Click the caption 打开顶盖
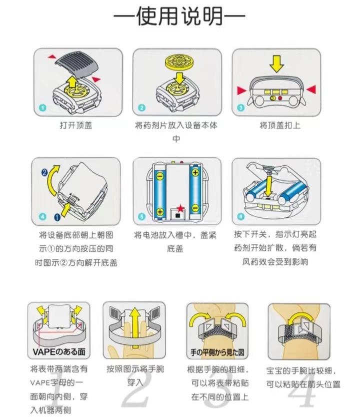pyautogui.click(x=76, y=126)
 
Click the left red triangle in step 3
pyautogui.click(x=242, y=90)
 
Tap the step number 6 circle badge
pyautogui.click(x=240, y=217)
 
